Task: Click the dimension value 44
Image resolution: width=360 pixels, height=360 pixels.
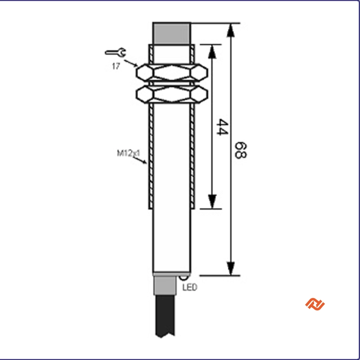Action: (x=222, y=127)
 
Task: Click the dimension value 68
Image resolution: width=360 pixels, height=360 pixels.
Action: (x=240, y=150)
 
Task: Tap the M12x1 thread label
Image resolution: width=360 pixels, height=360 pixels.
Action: (x=128, y=153)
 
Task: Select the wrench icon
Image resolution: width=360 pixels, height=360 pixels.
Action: (x=116, y=53)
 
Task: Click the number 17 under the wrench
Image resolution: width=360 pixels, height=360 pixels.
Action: (x=116, y=66)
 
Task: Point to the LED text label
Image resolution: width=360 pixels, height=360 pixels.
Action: (x=190, y=287)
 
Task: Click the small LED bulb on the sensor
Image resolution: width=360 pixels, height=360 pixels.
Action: (x=184, y=278)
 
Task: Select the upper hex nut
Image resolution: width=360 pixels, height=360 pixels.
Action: (x=172, y=72)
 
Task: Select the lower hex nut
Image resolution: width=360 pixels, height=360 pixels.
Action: (x=172, y=94)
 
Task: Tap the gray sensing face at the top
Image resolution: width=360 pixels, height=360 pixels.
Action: (x=172, y=34)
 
